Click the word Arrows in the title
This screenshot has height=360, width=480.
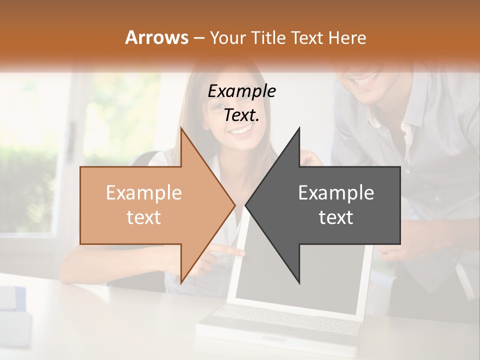[x=156, y=37]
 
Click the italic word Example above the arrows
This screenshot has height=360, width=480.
[x=241, y=91]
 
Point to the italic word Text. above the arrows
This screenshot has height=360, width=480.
[x=241, y=115]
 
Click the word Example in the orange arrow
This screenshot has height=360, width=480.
[x=144, y=193]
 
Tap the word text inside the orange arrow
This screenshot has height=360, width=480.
[x=144, y=217]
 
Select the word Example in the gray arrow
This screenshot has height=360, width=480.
[x=336, y=193]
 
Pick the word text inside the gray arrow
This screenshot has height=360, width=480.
[x=336, y=217]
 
